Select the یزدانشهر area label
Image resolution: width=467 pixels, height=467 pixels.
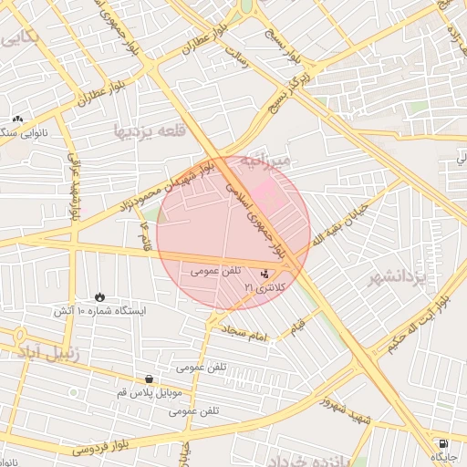(399, 277)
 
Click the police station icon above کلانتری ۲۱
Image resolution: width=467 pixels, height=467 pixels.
(265, 273)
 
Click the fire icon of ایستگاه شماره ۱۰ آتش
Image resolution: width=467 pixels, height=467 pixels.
(99, 297)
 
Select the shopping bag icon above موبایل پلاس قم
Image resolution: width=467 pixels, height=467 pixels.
(149, 379)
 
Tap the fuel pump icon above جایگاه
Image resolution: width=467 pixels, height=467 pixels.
(443, 442)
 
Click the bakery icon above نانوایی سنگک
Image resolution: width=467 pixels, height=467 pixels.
(17, 119)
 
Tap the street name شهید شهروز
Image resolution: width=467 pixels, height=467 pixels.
(346, 393)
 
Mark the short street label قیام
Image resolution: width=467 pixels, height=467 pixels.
(298, 323)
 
